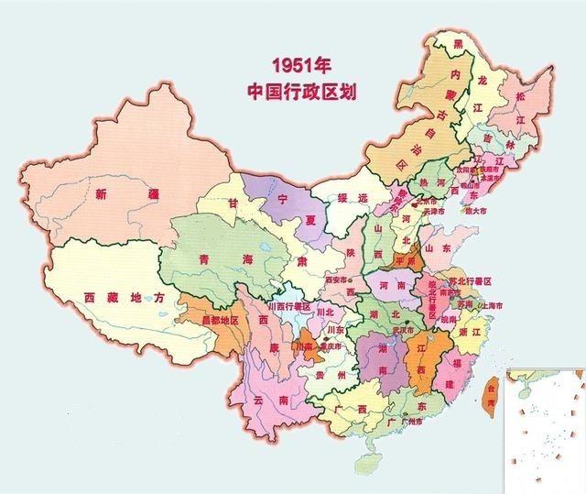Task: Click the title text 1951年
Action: coord(299,65)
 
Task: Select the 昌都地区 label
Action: coord(212,321)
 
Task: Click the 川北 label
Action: coord(323,312)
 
